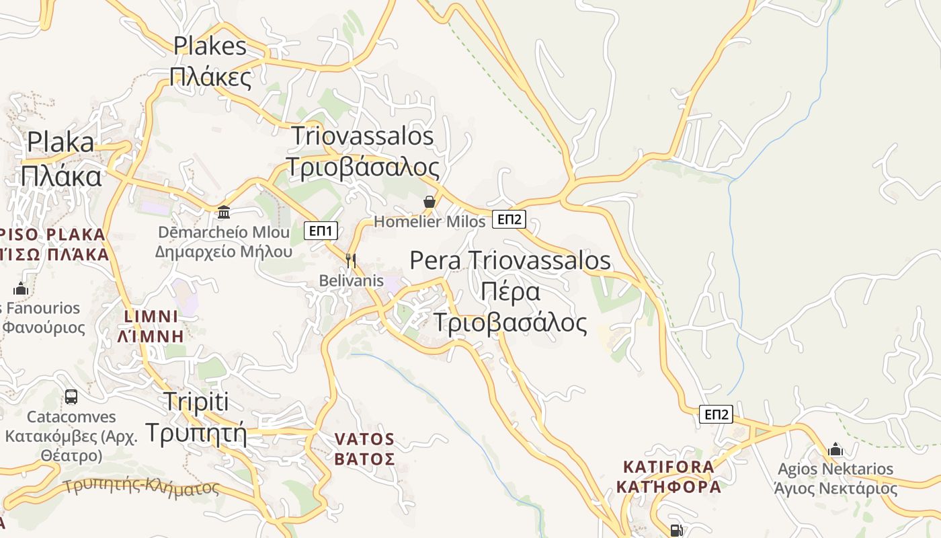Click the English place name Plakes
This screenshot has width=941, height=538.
[210, 46]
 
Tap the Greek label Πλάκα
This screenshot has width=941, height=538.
[60, 176]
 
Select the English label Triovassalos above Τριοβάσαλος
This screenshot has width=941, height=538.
[362, 136]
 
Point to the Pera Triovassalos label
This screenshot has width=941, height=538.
[510, 260]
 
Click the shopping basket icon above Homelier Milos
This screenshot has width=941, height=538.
[429, 202]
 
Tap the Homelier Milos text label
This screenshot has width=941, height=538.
[429, 221]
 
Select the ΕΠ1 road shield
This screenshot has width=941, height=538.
[321, 231]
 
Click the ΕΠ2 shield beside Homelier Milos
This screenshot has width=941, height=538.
[509, 219]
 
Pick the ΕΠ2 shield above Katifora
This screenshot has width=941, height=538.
[716, 414]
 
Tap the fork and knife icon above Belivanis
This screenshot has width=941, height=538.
[350, 260]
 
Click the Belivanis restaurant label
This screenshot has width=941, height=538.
[351, 280]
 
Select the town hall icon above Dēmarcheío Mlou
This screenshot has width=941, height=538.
[224, 213]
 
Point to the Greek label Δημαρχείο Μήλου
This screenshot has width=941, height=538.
[224, 252]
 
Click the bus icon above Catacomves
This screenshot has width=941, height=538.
[71, 397]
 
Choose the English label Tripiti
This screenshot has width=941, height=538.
[196, 402]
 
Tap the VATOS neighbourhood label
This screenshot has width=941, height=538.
[364, 440]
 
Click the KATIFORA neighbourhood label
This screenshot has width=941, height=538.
[669, 467]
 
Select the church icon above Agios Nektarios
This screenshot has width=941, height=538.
[835, 449]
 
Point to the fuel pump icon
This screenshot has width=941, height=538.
[677, 531]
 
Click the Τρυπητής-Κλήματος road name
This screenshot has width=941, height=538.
[142, 486]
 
